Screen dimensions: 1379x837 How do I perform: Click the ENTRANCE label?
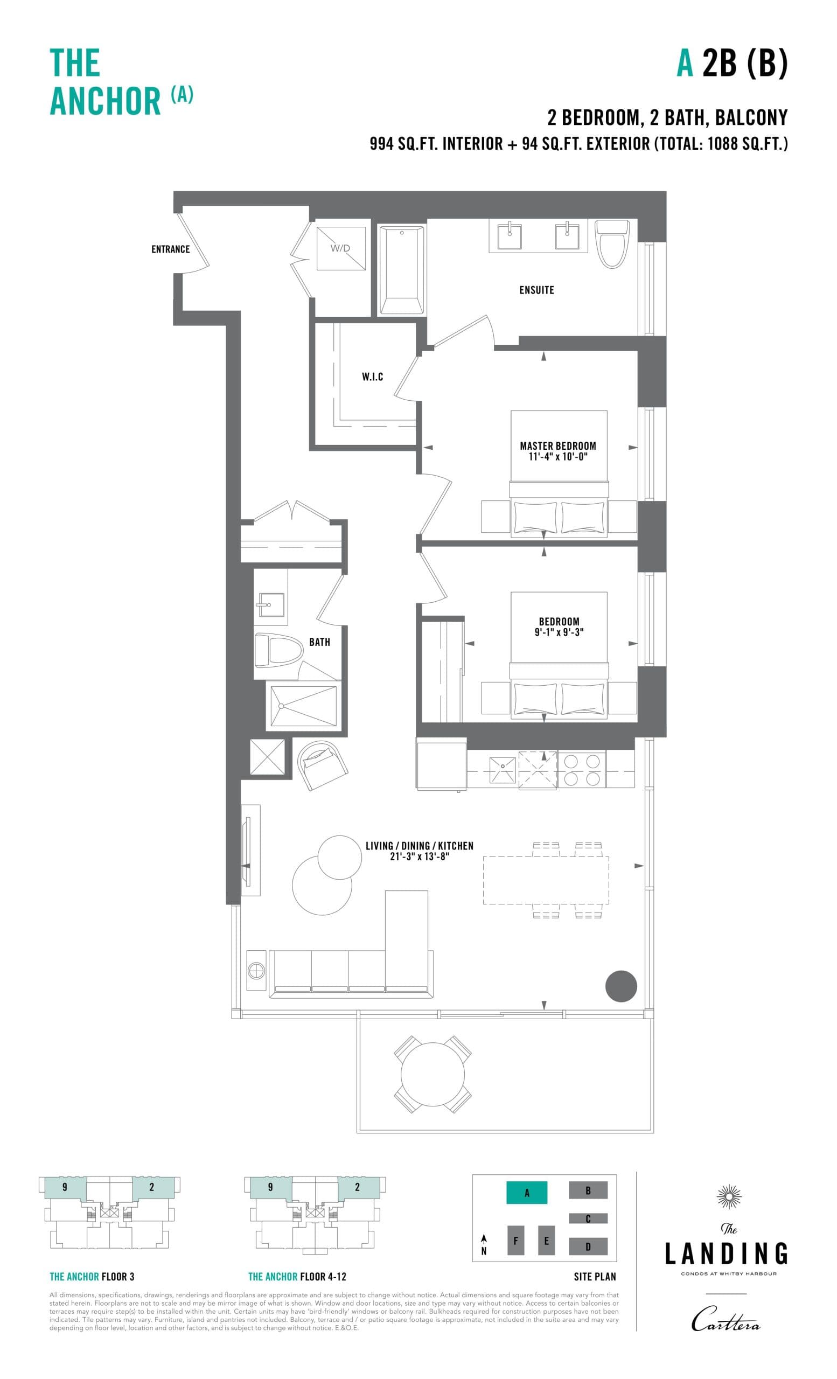pos(170,249)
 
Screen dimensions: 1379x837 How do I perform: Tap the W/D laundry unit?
pos(340,248)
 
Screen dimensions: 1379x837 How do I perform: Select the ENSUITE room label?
pos(536,290)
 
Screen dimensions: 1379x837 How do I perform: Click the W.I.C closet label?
pos(372,377)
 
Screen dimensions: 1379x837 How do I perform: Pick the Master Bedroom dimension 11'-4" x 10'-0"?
pos(557,457)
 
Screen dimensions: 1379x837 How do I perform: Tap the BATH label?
pos(319,642)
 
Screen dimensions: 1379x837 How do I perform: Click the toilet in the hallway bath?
pos(278,650)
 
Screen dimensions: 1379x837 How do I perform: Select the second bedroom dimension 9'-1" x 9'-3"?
pos(559,632)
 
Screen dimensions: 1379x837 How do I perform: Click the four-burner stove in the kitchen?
pos(582,770)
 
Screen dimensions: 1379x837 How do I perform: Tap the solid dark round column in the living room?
pos(620,986)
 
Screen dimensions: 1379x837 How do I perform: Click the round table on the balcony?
pos(433,1074)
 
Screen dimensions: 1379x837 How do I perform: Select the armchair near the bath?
pos(323,764)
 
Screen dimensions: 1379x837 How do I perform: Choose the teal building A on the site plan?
pos(526,1193)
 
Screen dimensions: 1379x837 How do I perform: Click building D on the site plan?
pos(588,1246)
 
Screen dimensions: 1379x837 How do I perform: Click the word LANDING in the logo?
pos(726,1253)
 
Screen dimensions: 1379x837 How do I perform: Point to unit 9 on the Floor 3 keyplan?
pos(65,1187)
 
